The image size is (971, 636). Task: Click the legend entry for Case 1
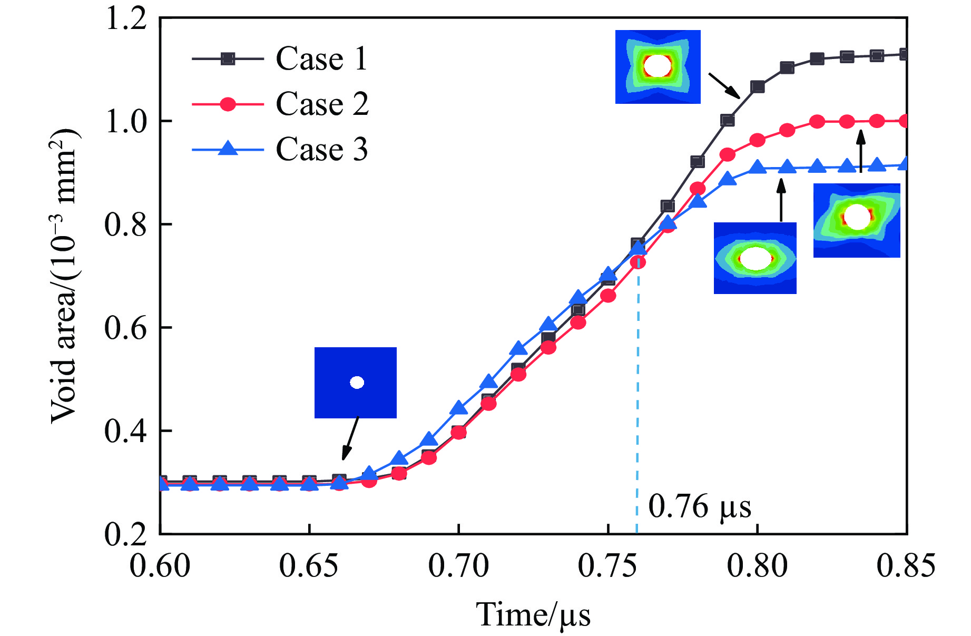point(321,58)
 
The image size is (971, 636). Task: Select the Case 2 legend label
point(322,104)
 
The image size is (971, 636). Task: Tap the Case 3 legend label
point(321,150)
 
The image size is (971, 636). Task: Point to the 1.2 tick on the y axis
point(125,19)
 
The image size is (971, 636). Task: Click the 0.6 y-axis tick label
point(125,328)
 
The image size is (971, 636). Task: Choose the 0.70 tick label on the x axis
point(458,566)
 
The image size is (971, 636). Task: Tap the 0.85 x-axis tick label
point(906,566)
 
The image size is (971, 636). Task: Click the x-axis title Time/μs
point(533,615)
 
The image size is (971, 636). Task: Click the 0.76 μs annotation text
point(699,507)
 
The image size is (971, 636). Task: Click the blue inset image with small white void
point(356,383)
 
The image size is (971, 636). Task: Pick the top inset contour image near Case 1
point(658,67)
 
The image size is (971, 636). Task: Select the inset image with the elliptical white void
point(755,258)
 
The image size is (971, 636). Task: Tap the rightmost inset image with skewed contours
point(857,220)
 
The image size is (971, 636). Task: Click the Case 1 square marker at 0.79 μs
point(728,121)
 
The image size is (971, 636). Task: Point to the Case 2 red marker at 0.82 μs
point(817,122)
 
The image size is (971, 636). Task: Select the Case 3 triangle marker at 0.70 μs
point(459,408)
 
